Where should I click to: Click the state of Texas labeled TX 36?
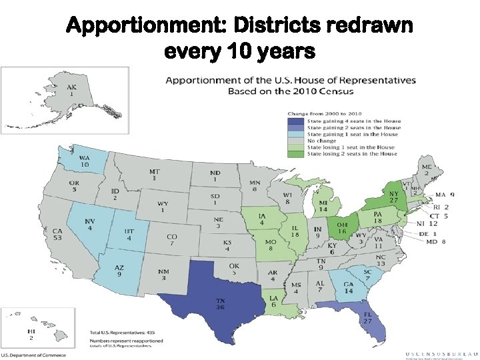(x=219, y=303)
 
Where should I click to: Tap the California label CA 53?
(x=58, y=235)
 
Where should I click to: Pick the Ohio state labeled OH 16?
(x=342, y=229)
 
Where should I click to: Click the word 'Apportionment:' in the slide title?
(x=146, y=27)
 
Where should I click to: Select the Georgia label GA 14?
(x=348, y=287)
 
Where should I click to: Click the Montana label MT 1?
(x=155, y=175)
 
